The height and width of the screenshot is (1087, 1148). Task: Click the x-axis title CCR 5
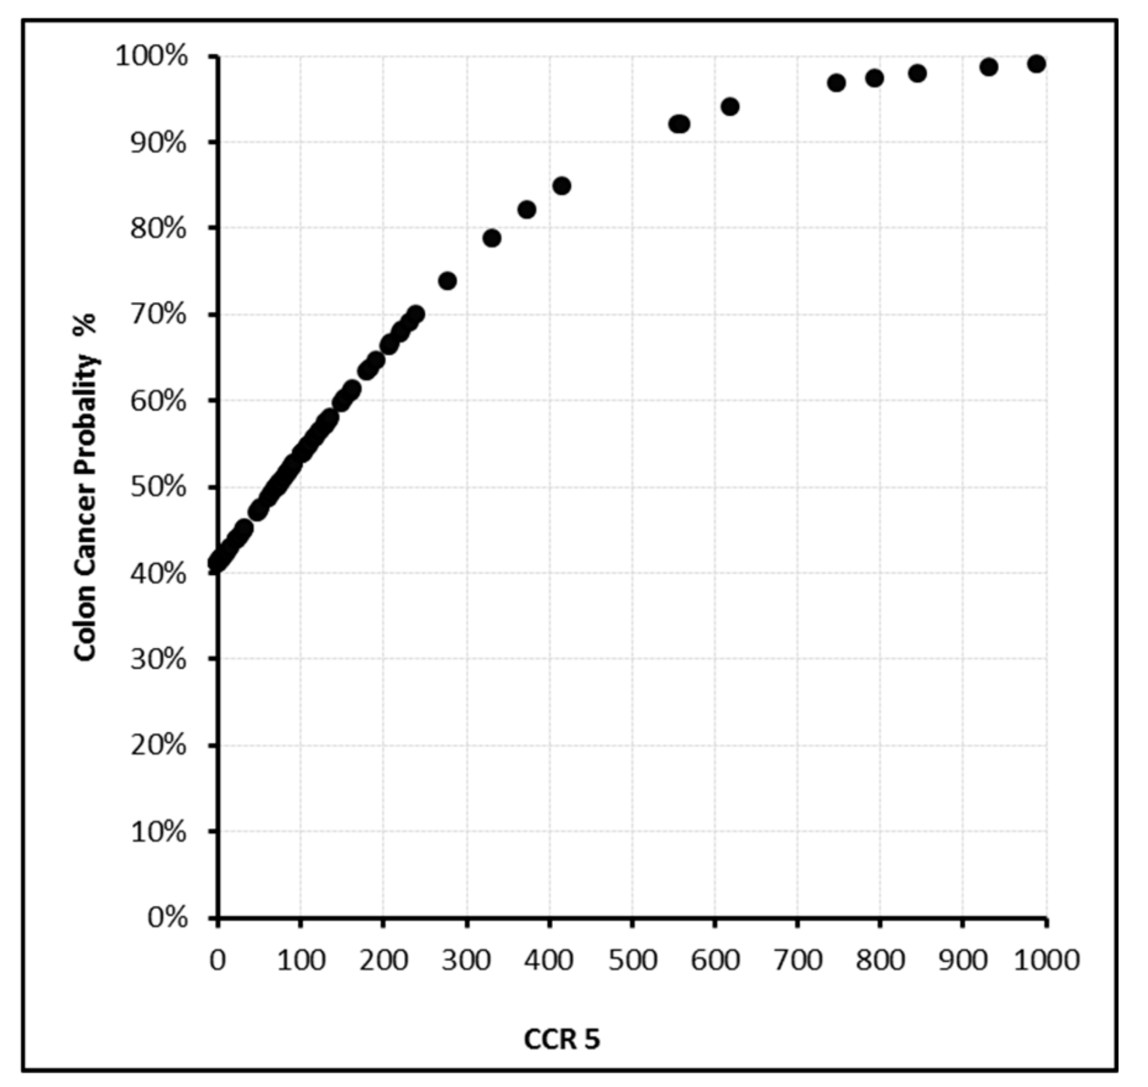coord(562,1039)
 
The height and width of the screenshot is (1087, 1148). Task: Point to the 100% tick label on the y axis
coord(152,56)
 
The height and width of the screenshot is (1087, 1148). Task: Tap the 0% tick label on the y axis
coord(167,917)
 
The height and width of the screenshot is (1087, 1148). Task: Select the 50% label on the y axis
coord(158,487)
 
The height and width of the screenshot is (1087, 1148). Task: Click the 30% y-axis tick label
coord(158,658)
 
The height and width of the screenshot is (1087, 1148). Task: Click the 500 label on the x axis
coord(632,960)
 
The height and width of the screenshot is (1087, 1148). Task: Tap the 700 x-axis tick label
coord(797,960)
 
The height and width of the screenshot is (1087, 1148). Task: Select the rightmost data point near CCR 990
coord(1036,64)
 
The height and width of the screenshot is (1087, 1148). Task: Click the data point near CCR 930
coord(988,67)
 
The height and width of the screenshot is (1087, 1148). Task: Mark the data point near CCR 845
coord(917,73)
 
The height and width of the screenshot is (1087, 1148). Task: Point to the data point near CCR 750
coord(836,83)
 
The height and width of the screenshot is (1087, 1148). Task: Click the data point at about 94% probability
coord(730,106)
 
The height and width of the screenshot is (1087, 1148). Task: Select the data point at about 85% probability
coord(562,186)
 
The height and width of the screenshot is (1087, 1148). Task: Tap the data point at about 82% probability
coord(527,210)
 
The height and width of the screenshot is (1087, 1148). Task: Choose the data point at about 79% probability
coord(492,238)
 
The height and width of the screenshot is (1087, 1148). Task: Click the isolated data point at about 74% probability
coord(447,281)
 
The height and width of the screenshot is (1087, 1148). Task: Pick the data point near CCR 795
coord(874,78)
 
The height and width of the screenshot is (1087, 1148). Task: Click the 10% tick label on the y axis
coord(158,831)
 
